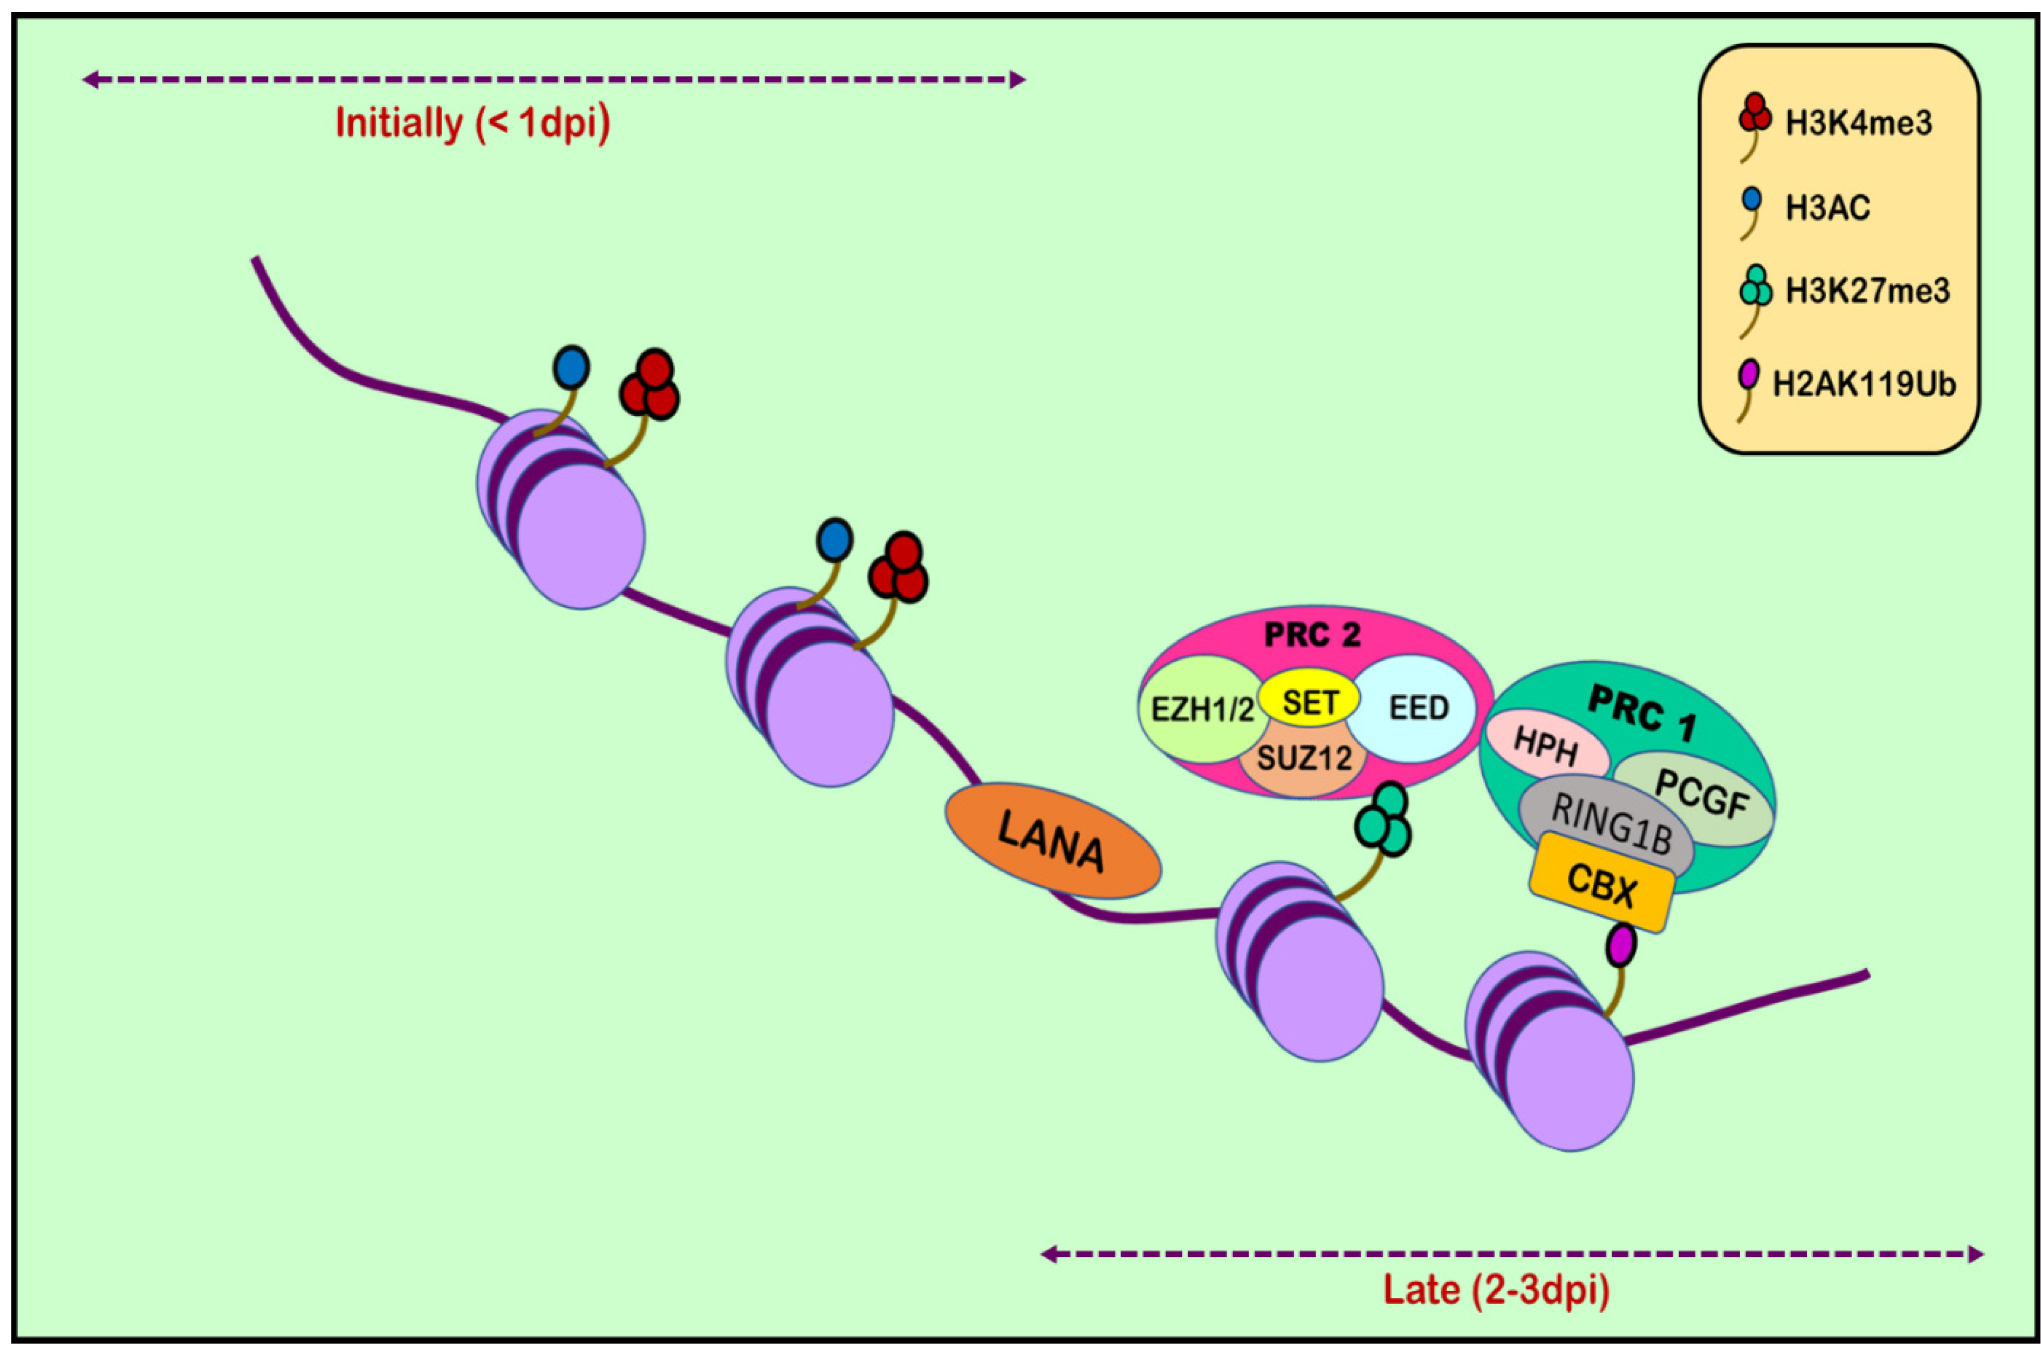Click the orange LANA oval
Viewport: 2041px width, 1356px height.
pyautogui.click(x=1052, y=840)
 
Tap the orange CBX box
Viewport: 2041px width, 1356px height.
pyautogui.click(x=1601, y=883)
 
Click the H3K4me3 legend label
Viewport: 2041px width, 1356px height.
pyautogui.click(x=1858, y=124)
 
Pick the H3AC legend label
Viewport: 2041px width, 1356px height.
pyautogui.click(x=1827, y=208)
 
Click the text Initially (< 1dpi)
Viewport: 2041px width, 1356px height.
pyautogui.click(x=472, y=124)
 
